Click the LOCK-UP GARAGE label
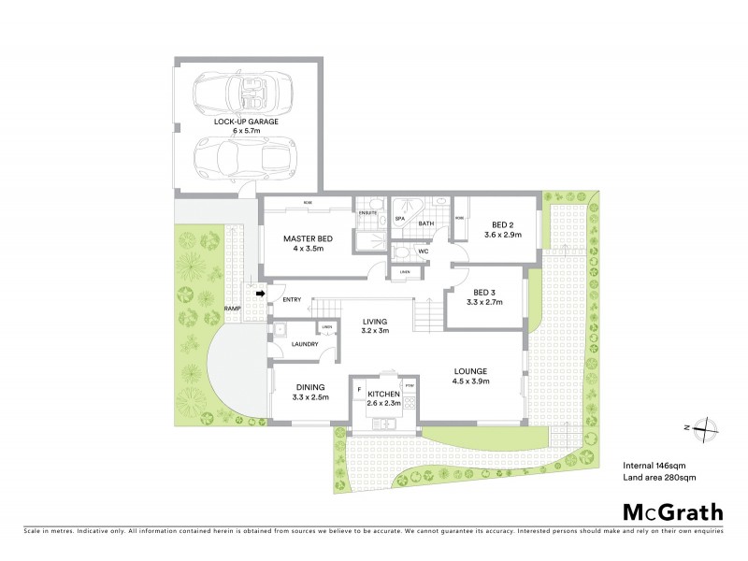[x=246, y=122]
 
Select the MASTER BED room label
[x=309, y=238]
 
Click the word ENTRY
[x=293, y=299]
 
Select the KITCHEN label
[x=383, y=396]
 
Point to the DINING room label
[x=309, y=388]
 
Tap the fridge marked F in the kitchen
[x=359, y=386]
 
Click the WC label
[x=423, y=252]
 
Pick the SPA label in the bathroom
[x=398, y=219]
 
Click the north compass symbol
[x=706, y=426]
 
